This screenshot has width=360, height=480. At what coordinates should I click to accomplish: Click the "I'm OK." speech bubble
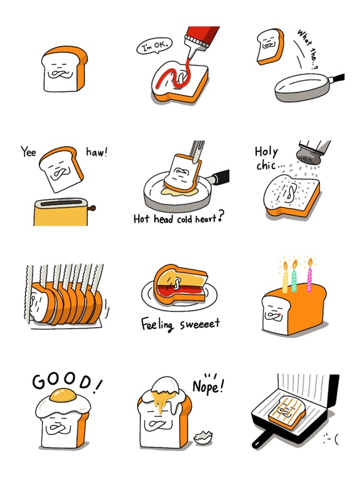[153, 47]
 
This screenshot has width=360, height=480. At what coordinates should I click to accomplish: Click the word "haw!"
[96, 152]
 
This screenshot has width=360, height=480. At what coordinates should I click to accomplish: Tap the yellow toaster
[60, 211]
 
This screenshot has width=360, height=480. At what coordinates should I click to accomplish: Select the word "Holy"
[266, 151]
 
